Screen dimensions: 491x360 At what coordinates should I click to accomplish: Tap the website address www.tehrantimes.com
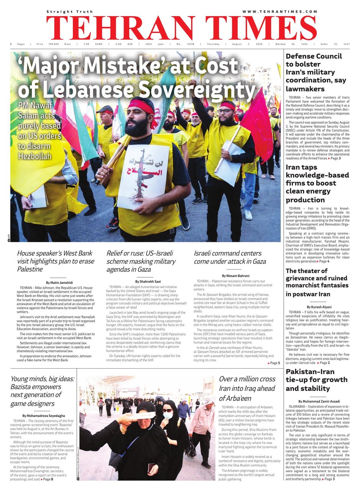(x=280, y=12)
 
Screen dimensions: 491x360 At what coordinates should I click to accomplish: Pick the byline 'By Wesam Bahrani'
(x=235, y=275)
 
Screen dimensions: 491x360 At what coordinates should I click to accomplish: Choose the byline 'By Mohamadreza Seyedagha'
(x=43, y=415)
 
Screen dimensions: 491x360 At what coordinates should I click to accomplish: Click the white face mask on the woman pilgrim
(x=168, y=415)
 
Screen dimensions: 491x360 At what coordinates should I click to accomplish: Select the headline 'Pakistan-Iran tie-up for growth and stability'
(x=317, y=380)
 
